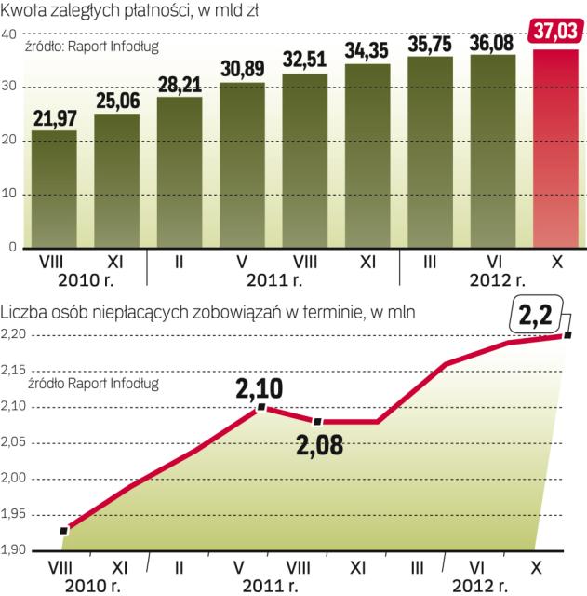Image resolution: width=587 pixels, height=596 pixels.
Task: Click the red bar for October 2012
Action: point(556,149)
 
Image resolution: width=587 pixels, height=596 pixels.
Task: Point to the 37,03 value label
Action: point(556,32)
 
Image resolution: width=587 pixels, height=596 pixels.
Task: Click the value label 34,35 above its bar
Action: point(367,48)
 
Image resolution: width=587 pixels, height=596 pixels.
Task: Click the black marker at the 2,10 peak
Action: point(261,407)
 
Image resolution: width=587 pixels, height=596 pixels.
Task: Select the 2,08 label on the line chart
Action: point(319,444)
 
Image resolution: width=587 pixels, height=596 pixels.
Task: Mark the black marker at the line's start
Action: point(63,531)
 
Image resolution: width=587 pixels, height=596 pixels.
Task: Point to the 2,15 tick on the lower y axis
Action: point(16,372)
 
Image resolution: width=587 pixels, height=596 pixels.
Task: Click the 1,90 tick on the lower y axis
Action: point(16,550)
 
